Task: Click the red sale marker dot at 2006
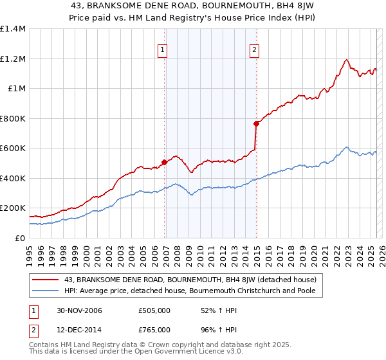[x=165, y=163]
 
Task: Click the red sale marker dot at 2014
[x=257, y=123]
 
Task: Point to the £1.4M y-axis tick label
[x=13, y=29]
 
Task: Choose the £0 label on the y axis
[x=20, y=238]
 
